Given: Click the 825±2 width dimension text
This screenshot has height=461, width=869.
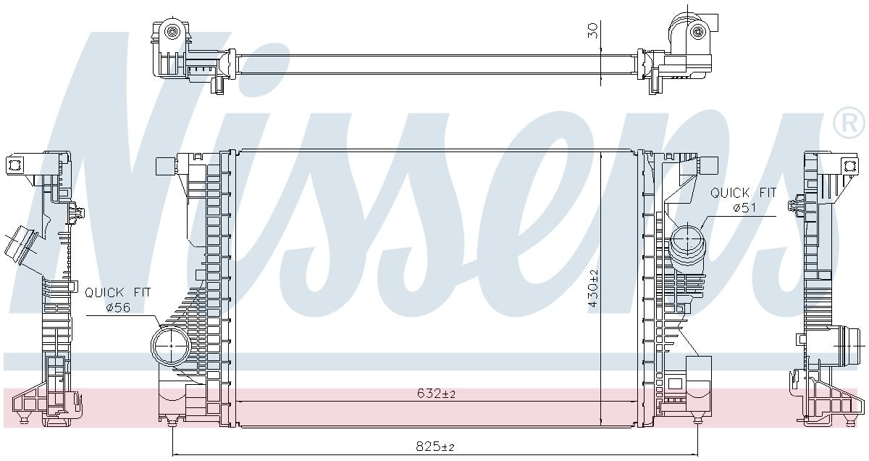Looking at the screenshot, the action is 434,447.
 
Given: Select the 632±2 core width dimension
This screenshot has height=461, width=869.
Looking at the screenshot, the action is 436,394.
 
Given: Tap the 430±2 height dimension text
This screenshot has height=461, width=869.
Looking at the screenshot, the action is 594,288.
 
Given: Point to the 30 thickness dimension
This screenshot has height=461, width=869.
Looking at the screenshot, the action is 593,30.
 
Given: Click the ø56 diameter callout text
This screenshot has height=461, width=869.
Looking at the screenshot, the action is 118,307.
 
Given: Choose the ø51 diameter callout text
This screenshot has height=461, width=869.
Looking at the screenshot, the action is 744,208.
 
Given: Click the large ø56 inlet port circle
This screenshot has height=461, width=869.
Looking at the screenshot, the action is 171,346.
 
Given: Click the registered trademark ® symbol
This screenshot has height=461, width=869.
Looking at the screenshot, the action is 850,123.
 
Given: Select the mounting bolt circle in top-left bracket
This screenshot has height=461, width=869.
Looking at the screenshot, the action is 171,31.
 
